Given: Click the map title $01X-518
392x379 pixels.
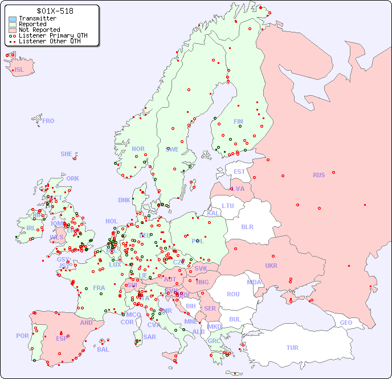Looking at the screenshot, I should (x=55, y=11).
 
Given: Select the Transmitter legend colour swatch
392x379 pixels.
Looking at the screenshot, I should (x=13, y=19).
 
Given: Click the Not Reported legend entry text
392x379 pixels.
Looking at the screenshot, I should (x=39, y=30).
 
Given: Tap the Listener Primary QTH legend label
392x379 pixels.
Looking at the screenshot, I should (x=53, y=35).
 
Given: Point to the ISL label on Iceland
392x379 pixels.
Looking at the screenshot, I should (x=19, y=70).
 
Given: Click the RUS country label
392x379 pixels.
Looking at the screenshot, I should (x=318, y=175).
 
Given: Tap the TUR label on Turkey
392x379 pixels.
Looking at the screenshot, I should (x=292, y=348).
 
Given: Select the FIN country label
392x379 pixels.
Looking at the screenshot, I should (x=238, y=121).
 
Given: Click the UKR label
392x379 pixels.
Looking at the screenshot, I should (x=271, y=266).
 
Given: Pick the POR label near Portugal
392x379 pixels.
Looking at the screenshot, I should (x=22, y=336).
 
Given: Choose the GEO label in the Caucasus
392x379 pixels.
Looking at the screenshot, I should (x=346, y=323).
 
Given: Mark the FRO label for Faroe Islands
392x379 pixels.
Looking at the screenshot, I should (x=48, y=121).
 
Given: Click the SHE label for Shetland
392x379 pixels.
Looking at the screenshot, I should (x=67, y=154).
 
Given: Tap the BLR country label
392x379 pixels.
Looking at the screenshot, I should (x=247, y=226).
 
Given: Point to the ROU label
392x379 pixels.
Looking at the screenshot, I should (x=233, y=294).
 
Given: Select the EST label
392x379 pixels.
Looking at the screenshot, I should (x=239, y=172).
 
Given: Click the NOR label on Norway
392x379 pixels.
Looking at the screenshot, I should (x=138, y=149).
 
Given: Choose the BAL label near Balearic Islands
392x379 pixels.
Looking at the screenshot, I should (x=103, y=349).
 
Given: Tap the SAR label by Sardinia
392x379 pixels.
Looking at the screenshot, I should (x=149, y=337).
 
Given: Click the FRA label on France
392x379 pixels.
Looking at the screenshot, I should (x=99, y=288).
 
